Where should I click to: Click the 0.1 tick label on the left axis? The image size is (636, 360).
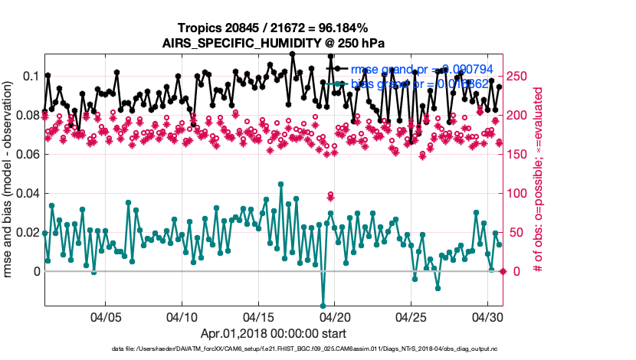coord(31,77)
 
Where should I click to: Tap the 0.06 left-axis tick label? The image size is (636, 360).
coord(28,155)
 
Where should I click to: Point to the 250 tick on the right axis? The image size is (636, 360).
coord(520,77)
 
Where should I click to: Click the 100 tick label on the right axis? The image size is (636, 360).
coord(520,194)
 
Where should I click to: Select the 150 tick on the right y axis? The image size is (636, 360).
coord(520,155)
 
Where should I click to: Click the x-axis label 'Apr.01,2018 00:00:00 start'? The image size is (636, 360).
coord(274,333)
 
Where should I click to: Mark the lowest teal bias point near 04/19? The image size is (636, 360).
coord(323,306)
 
